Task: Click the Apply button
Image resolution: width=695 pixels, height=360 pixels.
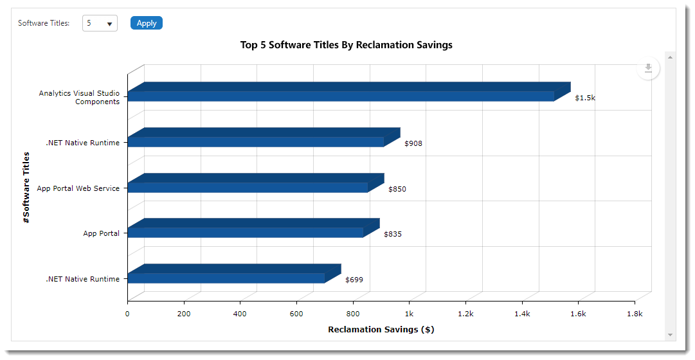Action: pyautogui.click(x=147, y=23)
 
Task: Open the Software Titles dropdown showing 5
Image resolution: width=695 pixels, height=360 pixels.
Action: pyautogui.click(x=100, y=24)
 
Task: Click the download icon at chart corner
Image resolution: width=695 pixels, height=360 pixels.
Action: pyautogui.click(x=648, y=68)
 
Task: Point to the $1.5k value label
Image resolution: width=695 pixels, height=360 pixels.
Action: pyautogui.click(x=585, y=98)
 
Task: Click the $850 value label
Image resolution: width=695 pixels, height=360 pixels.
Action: pyautogui.click(x=397, y=189)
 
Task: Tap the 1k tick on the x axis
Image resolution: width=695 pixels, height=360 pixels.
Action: pyautogui.click(x=409, y=314)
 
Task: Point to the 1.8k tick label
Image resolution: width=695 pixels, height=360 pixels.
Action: pyautogui.click(x=634, y=314)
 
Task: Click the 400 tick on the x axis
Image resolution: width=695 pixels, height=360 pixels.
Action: pyautogui.click(x=240, y=314)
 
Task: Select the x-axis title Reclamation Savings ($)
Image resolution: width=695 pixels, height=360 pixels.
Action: pyautogui.click(x=381, y=330)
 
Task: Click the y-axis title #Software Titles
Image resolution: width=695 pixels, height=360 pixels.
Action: pyautogui.click(x=26, y=187)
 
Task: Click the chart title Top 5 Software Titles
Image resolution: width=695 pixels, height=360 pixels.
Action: pyautogui.click(x=346, y=45)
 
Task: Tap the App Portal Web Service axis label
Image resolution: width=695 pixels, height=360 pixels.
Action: pyautogui.click(x=78, y=188)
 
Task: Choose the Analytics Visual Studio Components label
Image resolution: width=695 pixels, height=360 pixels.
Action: pyautogui.click(x=79, y=97)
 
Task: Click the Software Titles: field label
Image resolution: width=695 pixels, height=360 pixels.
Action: pyautogui.click(x=44, y=23)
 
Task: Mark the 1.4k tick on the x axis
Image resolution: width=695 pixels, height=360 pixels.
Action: pyautogui.click(x=521, y=314)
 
